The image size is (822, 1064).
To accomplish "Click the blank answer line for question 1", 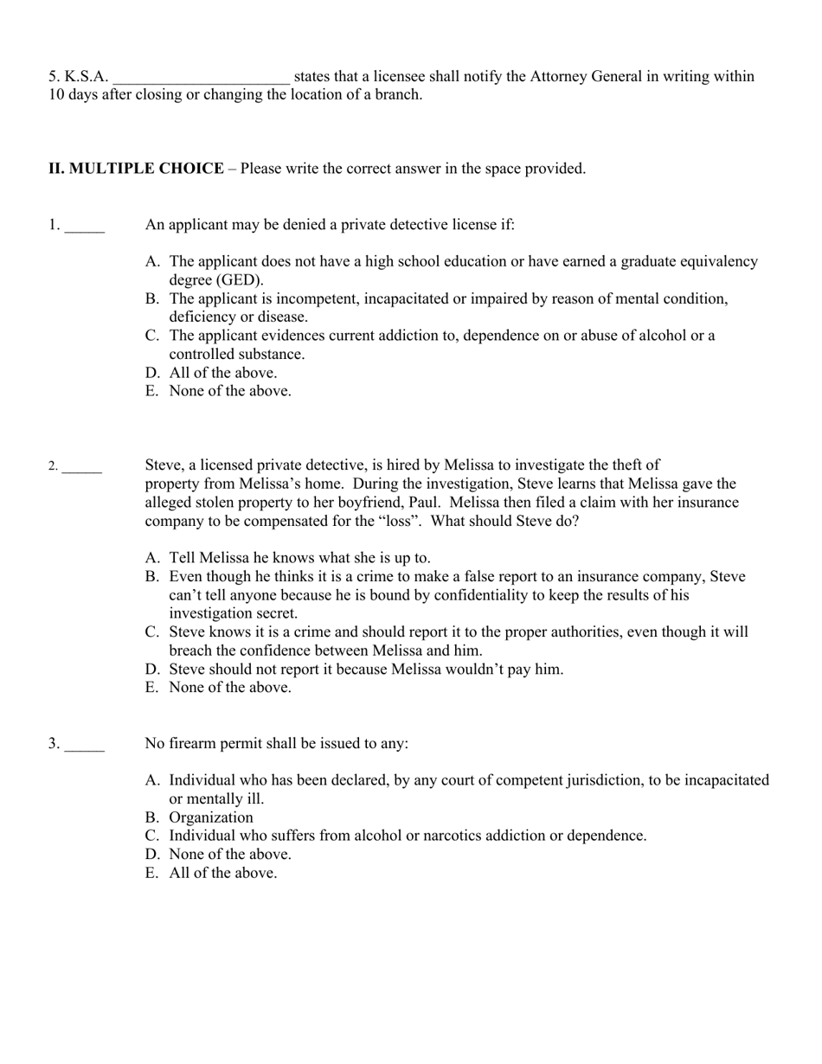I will [x=85, y=229].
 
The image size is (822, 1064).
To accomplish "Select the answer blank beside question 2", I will [x=82, y=471].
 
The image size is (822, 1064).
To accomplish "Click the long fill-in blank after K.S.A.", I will [x=201, y=80].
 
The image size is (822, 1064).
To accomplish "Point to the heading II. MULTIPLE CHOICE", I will [x=136, y=169].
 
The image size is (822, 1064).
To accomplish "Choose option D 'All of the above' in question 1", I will [x=222, y=373].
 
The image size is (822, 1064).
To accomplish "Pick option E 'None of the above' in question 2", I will [x=229, y=688].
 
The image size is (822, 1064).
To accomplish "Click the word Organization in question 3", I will [x=211, y=817].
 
